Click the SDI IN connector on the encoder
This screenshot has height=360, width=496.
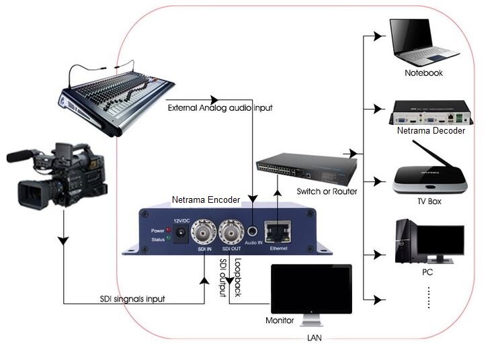[204, 234]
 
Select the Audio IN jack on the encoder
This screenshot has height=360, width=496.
[253, 233]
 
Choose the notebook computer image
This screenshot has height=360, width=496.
[423, 42]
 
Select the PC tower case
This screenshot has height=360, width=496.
[405, 242]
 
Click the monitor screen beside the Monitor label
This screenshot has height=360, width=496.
[311, 288]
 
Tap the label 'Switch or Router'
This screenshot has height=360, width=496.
[327, 191]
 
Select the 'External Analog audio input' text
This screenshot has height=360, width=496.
[220, 107]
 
